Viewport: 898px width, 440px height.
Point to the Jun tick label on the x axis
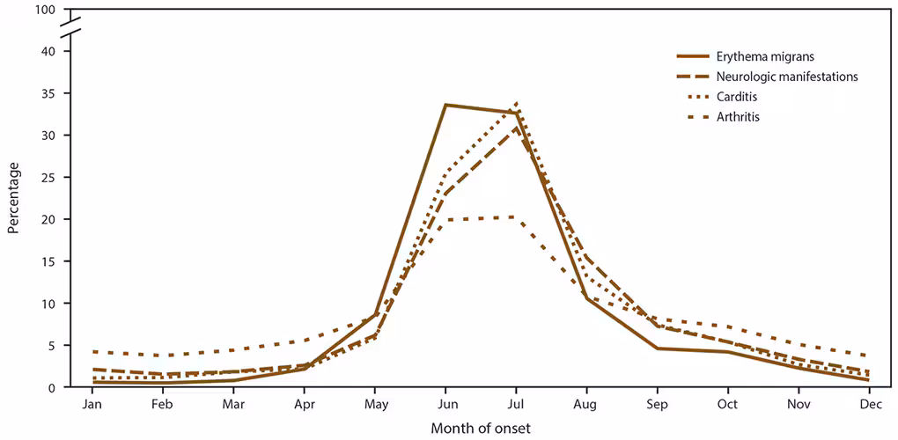pos(446,404)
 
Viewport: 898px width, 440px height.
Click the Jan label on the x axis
pos(92,404)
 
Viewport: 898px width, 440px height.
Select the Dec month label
pos(871,404)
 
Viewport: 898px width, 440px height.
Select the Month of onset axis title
pos(481,428)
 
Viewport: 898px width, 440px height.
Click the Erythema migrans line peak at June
pos(446,105)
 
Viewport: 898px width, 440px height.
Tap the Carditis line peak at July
pos(517,103)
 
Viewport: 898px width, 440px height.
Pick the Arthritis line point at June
pos(446,219)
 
